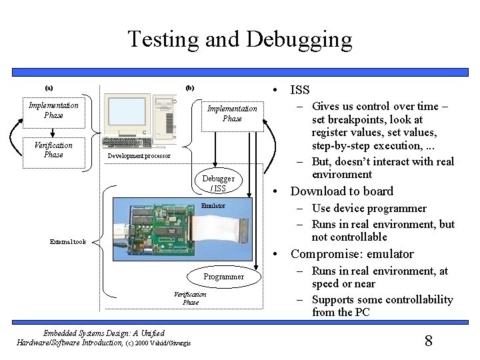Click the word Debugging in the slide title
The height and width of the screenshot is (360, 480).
coord(298,40)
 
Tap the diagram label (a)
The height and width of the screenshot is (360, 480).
coord(49,88)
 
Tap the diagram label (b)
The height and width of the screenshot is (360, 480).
coord(189,88)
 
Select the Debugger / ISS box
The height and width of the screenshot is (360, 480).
coord(219,183)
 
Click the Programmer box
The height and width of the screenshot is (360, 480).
coord(224,276)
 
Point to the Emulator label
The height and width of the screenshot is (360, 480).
coord(213,207)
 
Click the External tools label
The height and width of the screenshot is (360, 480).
coord(68,242)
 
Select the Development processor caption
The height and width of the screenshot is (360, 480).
coord(139,156)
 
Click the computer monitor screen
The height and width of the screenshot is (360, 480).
coord(126,114)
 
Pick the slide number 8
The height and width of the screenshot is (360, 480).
coord(429,341)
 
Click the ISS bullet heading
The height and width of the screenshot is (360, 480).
coord(300,90)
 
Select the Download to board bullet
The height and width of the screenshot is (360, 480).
coord(341,191)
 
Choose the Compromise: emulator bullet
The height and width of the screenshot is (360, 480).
coord(351,254)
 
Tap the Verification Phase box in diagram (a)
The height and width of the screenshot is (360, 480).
coord(53,150)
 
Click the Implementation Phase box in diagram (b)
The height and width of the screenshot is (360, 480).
coord(231,113)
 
